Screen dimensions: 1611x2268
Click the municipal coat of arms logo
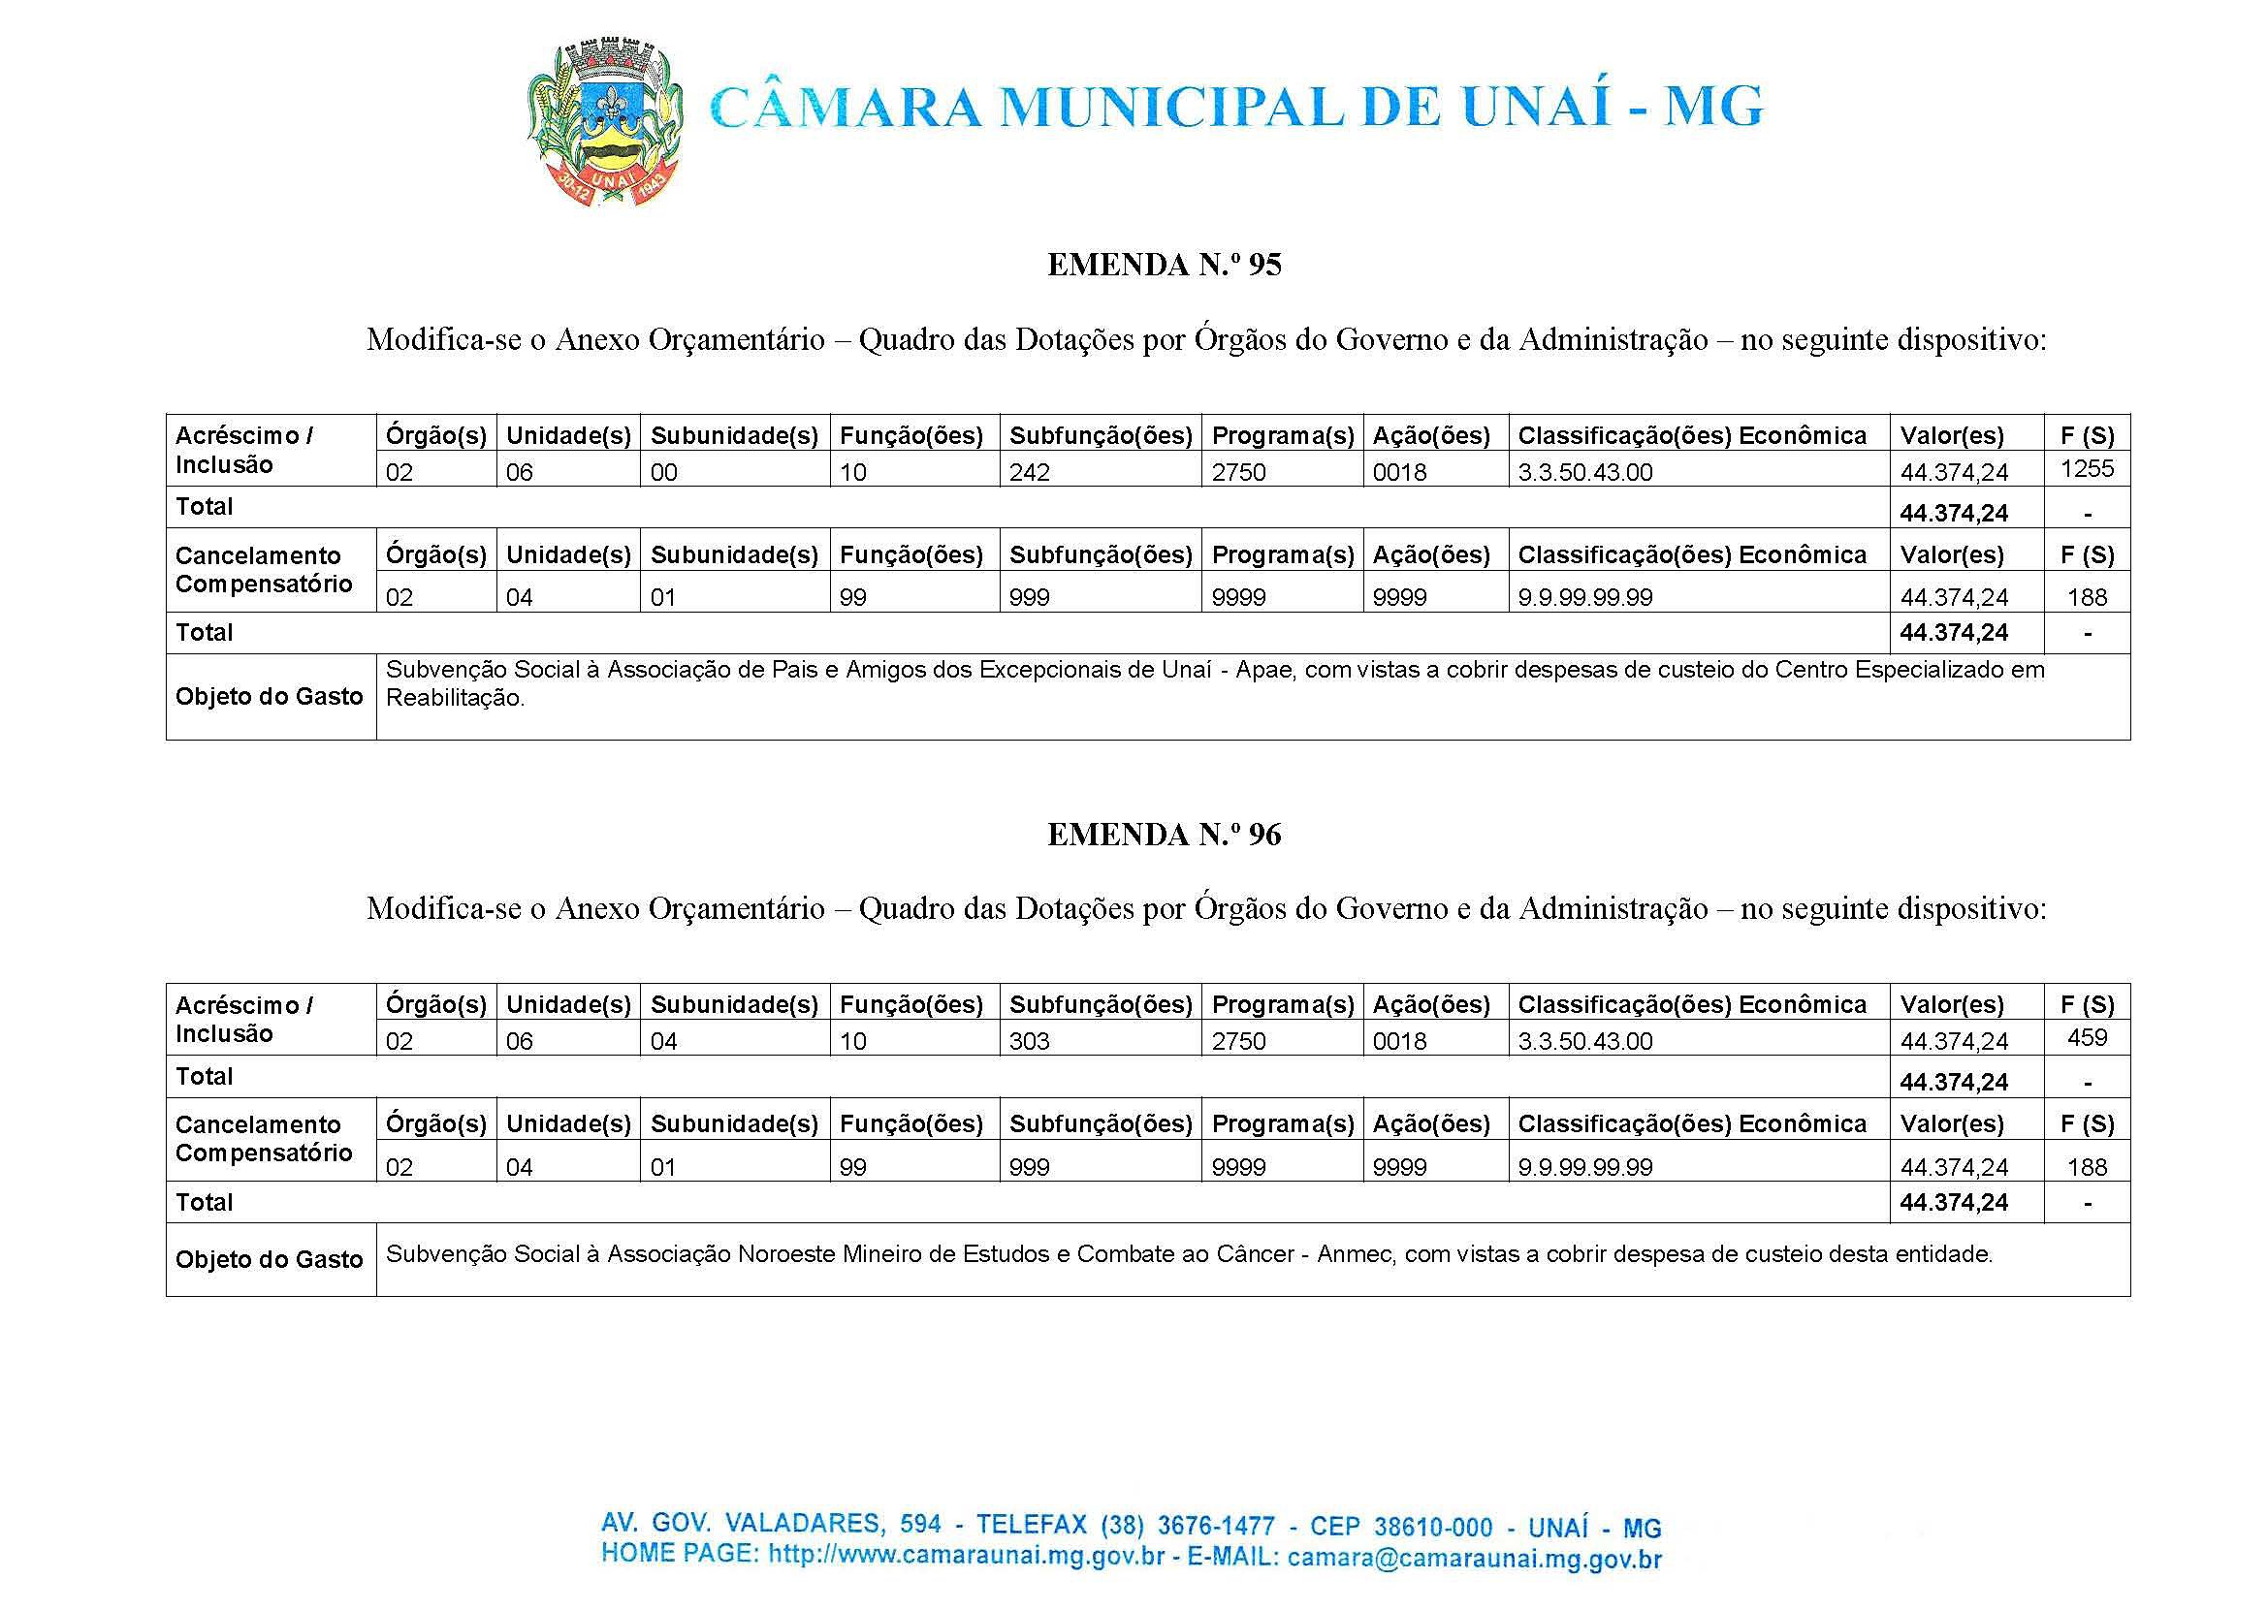point(603,122)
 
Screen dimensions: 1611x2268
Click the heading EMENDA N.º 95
point(1164,265)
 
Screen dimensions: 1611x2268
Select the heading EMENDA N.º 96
point(1164,835)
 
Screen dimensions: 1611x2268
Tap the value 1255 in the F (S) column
point(2088,469)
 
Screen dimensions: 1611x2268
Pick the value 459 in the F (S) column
point(2088,1038)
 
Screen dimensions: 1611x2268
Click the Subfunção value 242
point(1029,473)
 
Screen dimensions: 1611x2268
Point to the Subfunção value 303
point(1029,1042)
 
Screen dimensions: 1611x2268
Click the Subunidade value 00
point(664,473)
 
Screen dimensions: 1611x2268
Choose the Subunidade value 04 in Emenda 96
point(664,1042)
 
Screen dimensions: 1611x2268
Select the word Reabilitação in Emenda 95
point(454,698)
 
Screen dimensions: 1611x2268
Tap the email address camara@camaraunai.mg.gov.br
point(1474,1559)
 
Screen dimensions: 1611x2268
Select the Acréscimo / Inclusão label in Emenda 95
point(244,451)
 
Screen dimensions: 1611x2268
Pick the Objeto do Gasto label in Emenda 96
point(270,1260)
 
